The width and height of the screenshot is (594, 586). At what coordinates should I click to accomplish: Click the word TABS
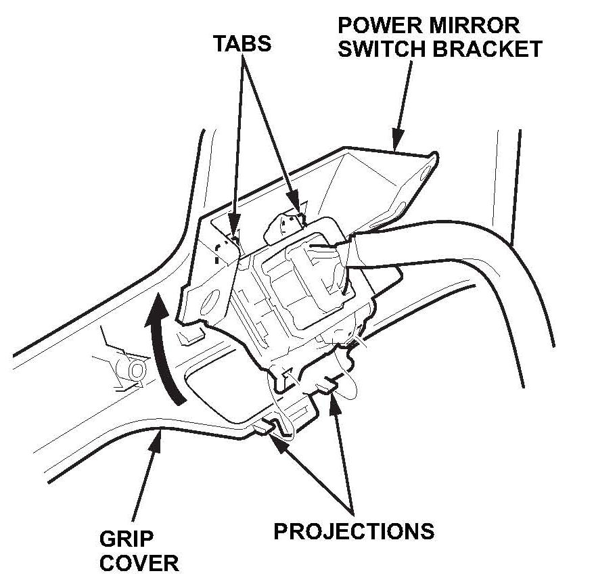click(242, 43)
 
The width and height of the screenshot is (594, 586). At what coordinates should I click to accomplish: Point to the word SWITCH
click(384, 49)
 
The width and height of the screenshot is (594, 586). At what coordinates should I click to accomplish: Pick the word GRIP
click(127, 539)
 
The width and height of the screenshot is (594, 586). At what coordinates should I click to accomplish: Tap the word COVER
click(139, 563)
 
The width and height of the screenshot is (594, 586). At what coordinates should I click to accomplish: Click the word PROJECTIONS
click(353, 531)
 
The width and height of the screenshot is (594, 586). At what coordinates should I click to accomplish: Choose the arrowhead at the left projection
click(271, 436)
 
